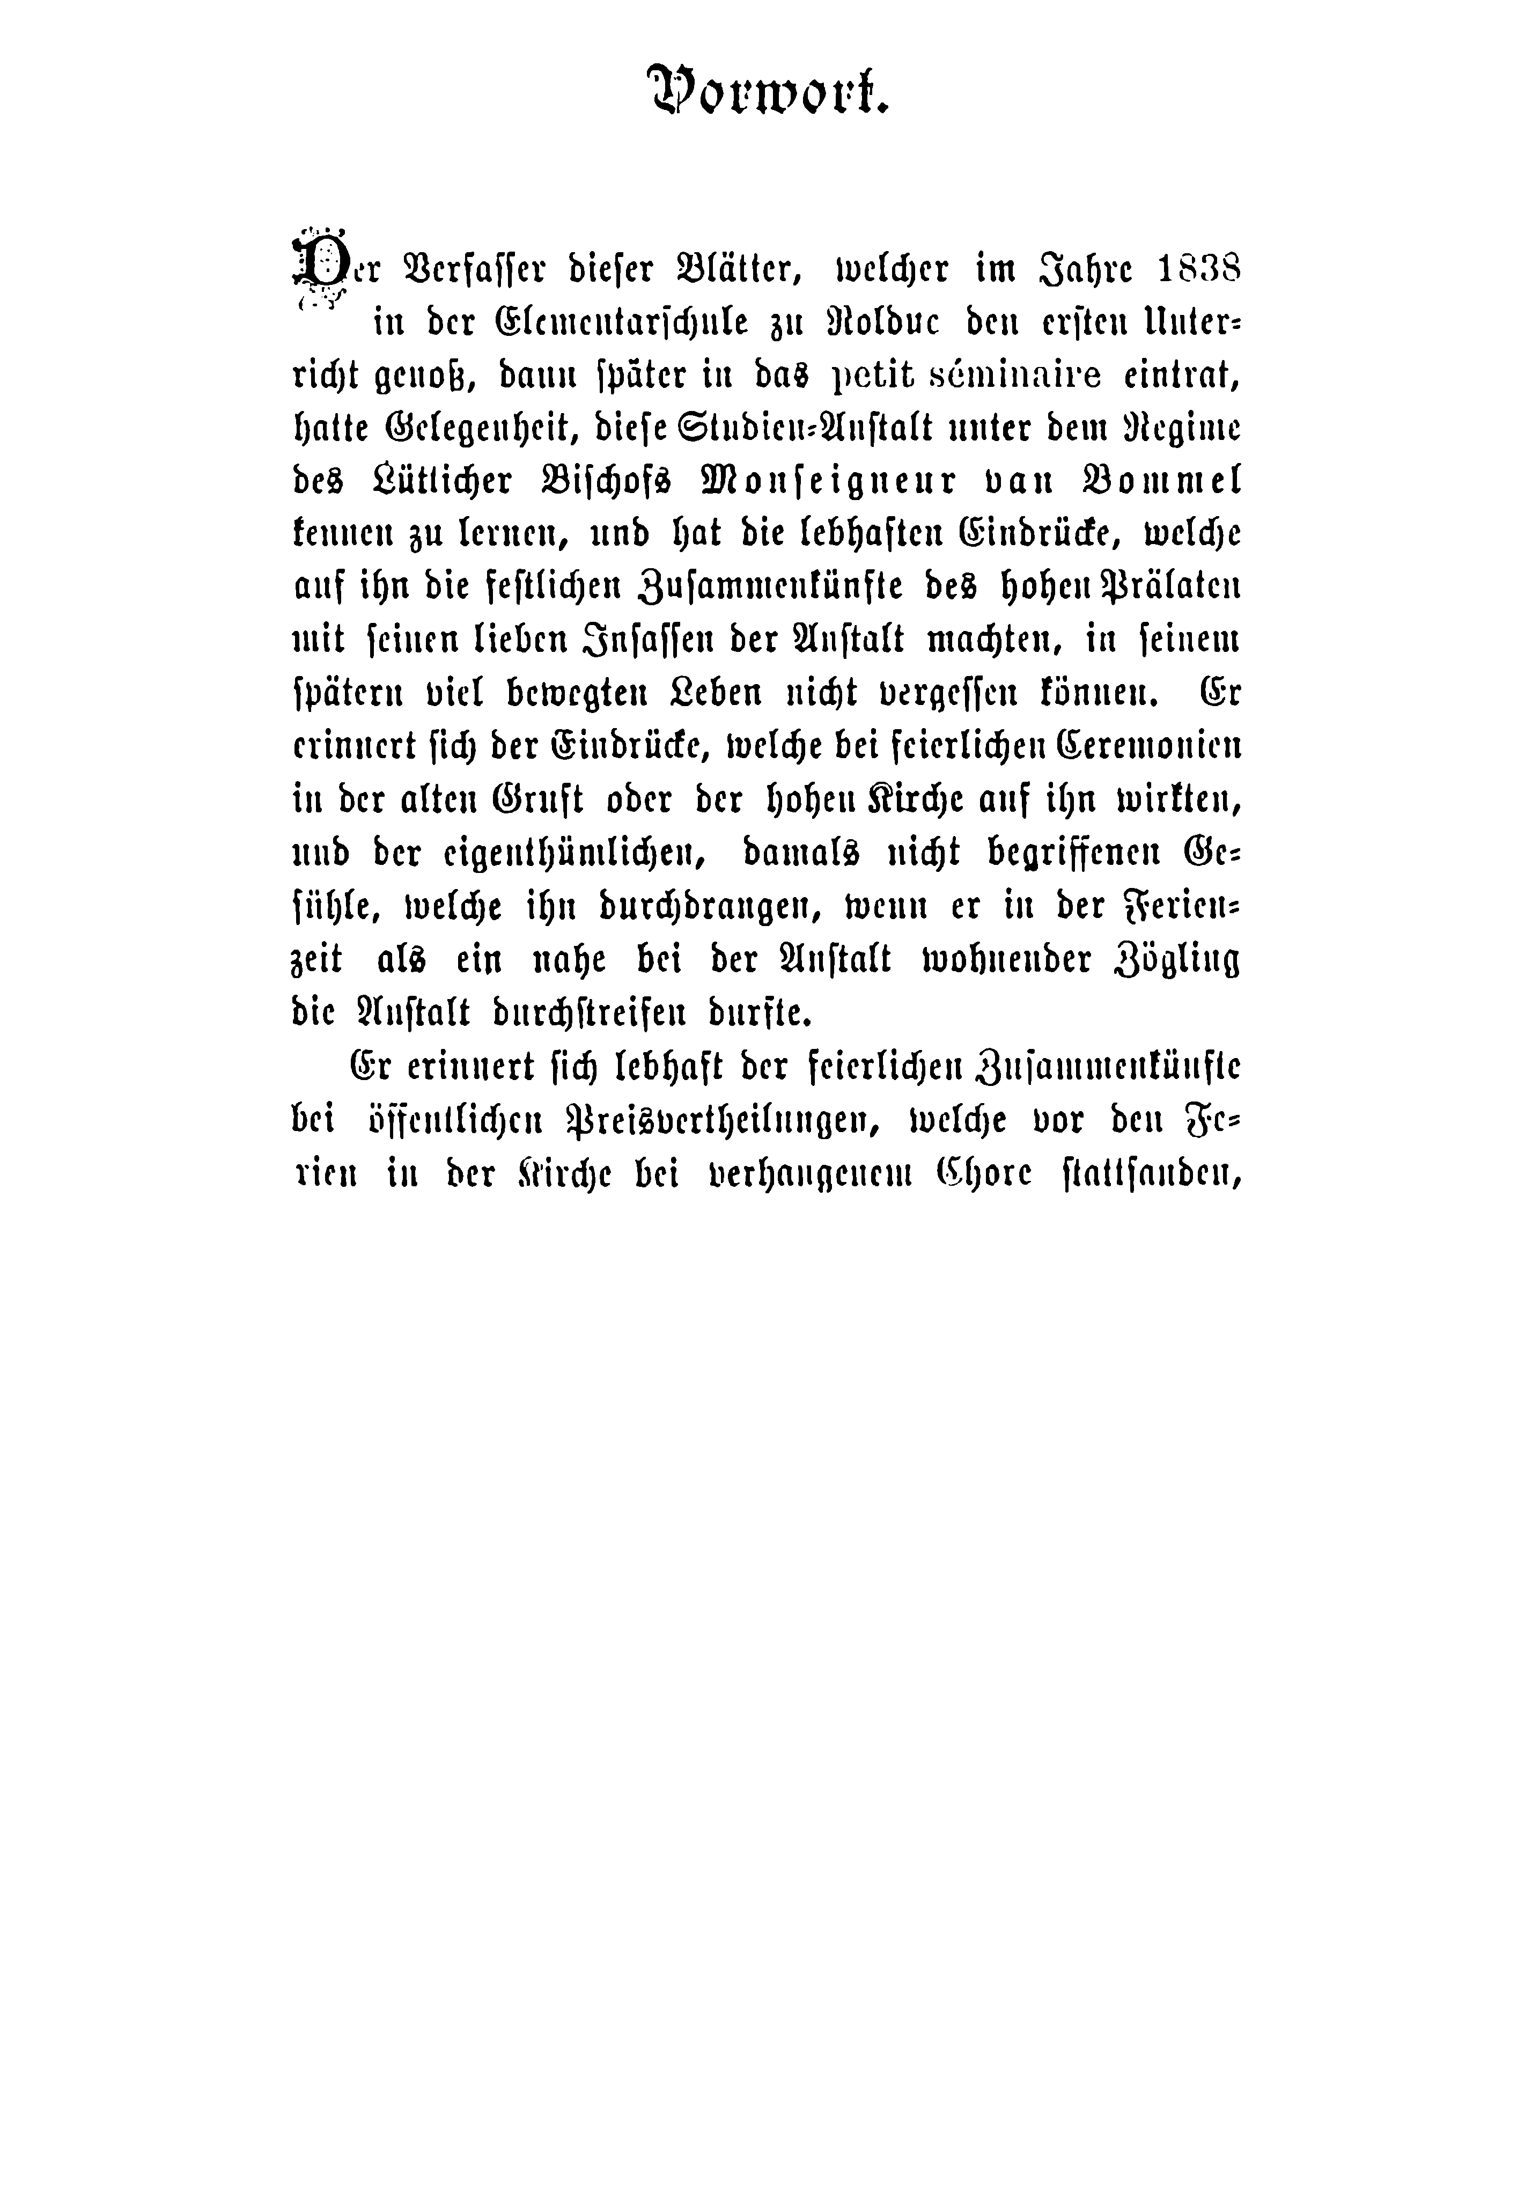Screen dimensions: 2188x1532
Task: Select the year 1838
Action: (x=1186, y=270)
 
